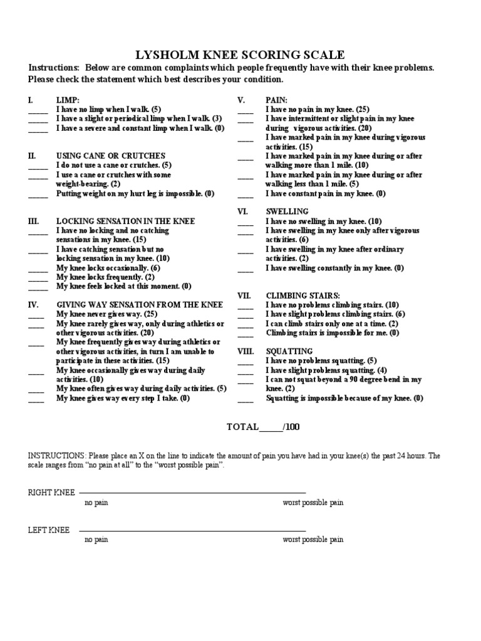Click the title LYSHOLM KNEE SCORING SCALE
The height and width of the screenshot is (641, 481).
tap(240, 55)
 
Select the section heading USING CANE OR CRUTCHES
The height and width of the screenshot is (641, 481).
tap(111, 156)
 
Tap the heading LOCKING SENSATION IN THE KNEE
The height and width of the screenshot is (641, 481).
tap(126, 222)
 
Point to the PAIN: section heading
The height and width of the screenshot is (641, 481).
tap(276, 100)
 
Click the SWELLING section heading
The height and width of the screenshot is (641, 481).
tap(287, 212)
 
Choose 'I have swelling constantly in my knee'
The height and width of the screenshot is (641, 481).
tap(334, 268)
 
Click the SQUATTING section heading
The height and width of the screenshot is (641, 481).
tap(289, 352)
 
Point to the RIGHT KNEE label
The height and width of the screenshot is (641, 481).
tap(51, 493)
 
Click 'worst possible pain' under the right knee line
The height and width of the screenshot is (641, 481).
tap(313, 503)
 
